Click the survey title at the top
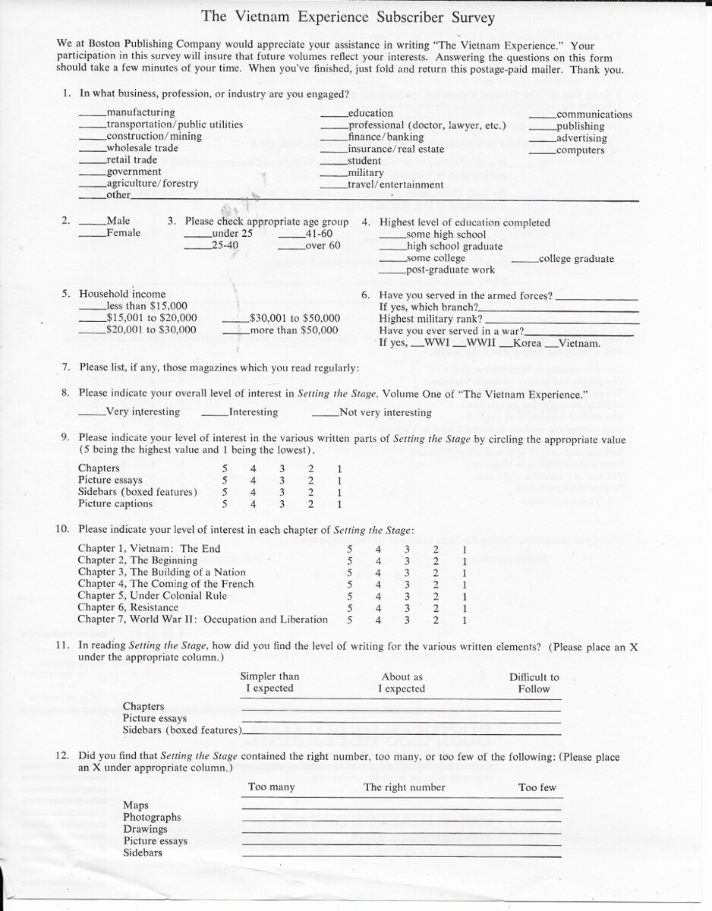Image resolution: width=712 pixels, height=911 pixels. (x=348, y=17)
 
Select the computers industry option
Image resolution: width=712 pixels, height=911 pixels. (x=542, y=151)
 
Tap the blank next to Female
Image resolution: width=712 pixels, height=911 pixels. (x=93, y=235)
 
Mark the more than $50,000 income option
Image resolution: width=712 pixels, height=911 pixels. (x=237, y=331)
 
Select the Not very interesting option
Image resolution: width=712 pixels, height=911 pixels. (x=326, y=414)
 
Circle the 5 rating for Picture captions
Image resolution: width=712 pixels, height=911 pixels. (x=225, y=504)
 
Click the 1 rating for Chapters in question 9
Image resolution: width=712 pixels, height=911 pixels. (x=339, y=468)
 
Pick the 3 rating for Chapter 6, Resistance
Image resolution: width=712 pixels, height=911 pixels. (x=407, y=608)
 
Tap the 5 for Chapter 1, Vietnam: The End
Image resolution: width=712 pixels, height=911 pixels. (x=349, y=549)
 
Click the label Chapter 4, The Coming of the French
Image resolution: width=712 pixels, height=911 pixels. (x=165, y=585)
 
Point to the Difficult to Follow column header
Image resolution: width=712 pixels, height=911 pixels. (x=534, y=683)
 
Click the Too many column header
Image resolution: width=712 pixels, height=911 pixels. (x=271, y=787)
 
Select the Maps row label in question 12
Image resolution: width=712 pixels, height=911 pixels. (x=136, y=805)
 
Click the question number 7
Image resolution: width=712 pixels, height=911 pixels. (x=66, y=368)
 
